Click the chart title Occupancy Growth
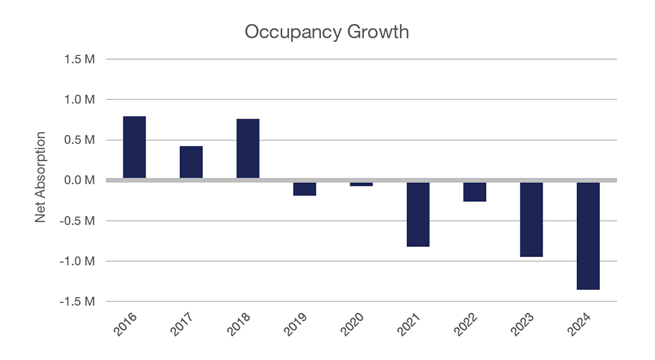[x=326, y=32]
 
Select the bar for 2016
[x=134, y=148]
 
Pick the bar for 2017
[x=191, y=163]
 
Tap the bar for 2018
[x=248, y=149]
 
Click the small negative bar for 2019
[x=304, y=188]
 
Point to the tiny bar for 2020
[x=361, y=184]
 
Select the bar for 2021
[x=418, y=214]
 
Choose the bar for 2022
[x=474, y=192]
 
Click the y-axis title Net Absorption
[x=41, y=180]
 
